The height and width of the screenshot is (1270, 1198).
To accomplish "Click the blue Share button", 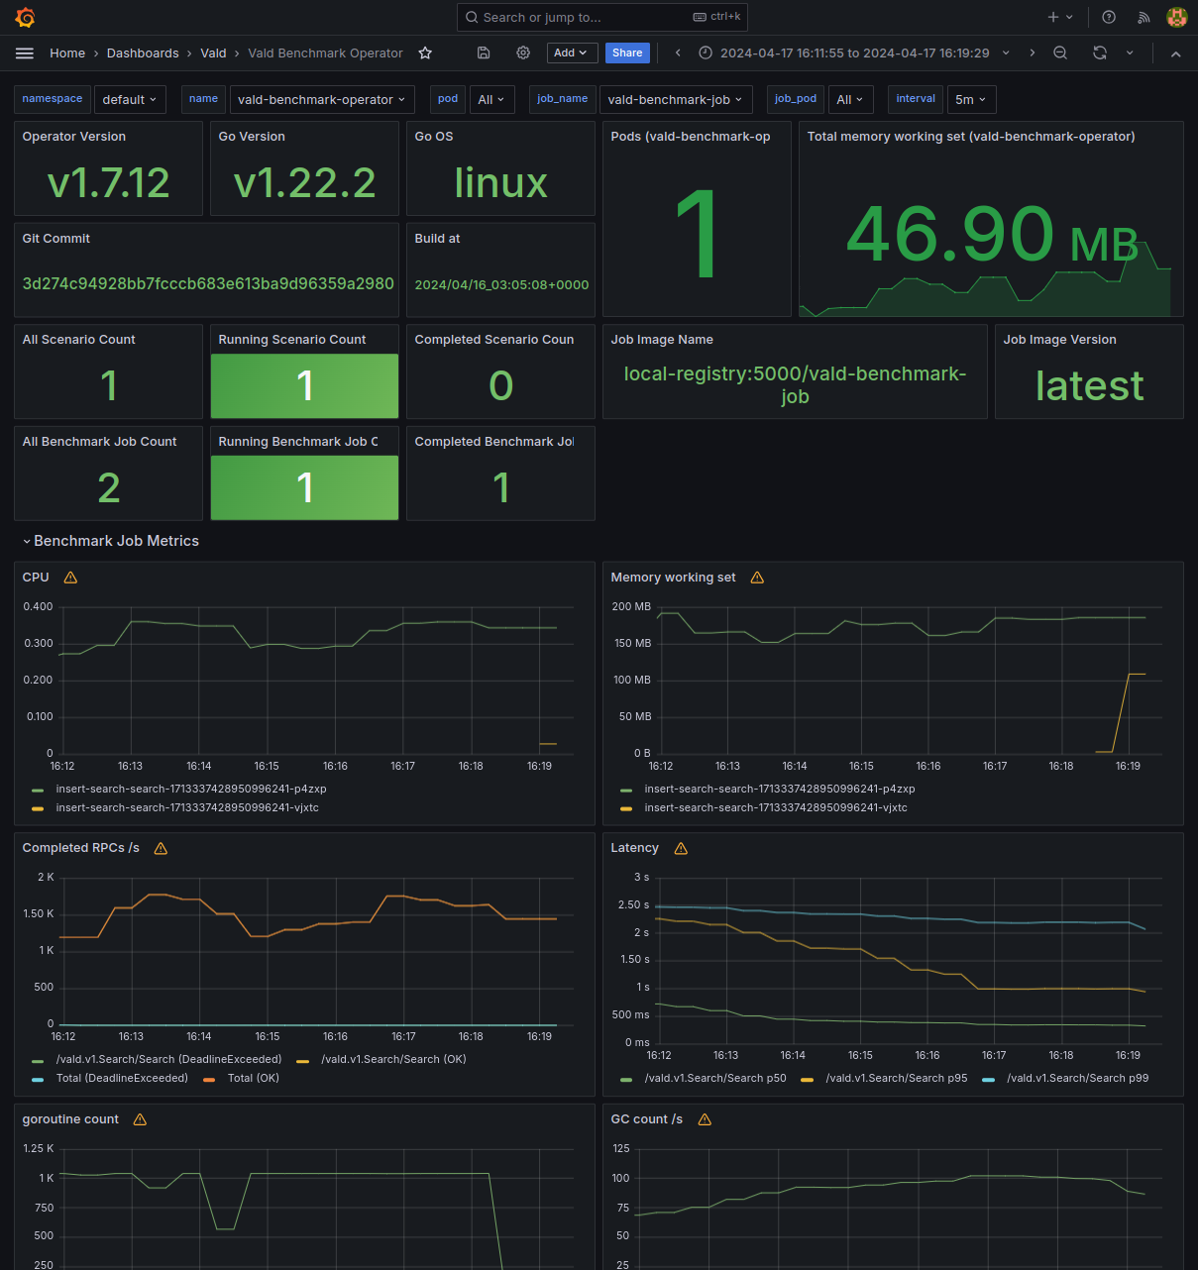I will click(627, 53).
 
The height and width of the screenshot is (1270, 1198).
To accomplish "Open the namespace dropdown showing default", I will click(129, 99).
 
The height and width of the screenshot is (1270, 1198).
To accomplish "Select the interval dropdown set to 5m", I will click(970, 99).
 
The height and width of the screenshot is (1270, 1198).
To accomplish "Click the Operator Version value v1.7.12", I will click(108, 182).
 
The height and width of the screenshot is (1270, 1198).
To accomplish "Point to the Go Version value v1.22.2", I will click(304, 182).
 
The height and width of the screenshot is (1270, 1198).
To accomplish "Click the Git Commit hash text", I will click(208, 283).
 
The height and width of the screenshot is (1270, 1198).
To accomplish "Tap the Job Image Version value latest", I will click(1089, 385).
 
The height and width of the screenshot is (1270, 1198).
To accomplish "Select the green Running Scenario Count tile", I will click(304, 385).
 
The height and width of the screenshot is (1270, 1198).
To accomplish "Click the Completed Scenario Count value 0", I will click(500, 385).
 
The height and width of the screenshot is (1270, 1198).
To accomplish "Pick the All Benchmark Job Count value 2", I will click(108, 487).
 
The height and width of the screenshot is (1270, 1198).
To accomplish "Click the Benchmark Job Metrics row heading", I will click(116, 541).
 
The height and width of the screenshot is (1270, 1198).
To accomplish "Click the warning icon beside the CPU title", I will click(70, 578).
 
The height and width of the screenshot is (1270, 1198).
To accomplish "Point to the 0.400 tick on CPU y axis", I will click(39, 606).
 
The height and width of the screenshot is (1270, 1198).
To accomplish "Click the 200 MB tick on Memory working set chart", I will click(631, 606).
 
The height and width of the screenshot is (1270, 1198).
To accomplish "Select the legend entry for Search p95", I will click(896, 1078).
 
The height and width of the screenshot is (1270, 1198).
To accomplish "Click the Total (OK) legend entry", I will click(253, 1078).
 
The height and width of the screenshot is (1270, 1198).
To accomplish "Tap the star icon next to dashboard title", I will click(425, 53).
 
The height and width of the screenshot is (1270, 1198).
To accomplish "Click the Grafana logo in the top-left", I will click(26, 17).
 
